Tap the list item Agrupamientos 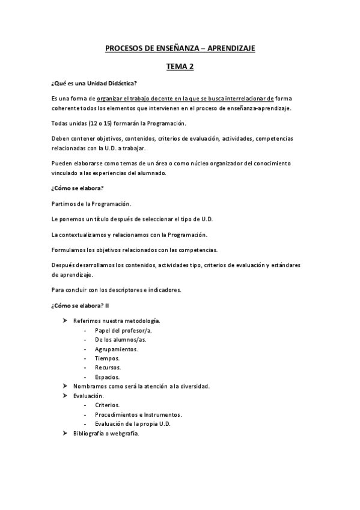coord(116,349)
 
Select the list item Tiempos coord(106,358)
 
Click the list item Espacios coord(107,376)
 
